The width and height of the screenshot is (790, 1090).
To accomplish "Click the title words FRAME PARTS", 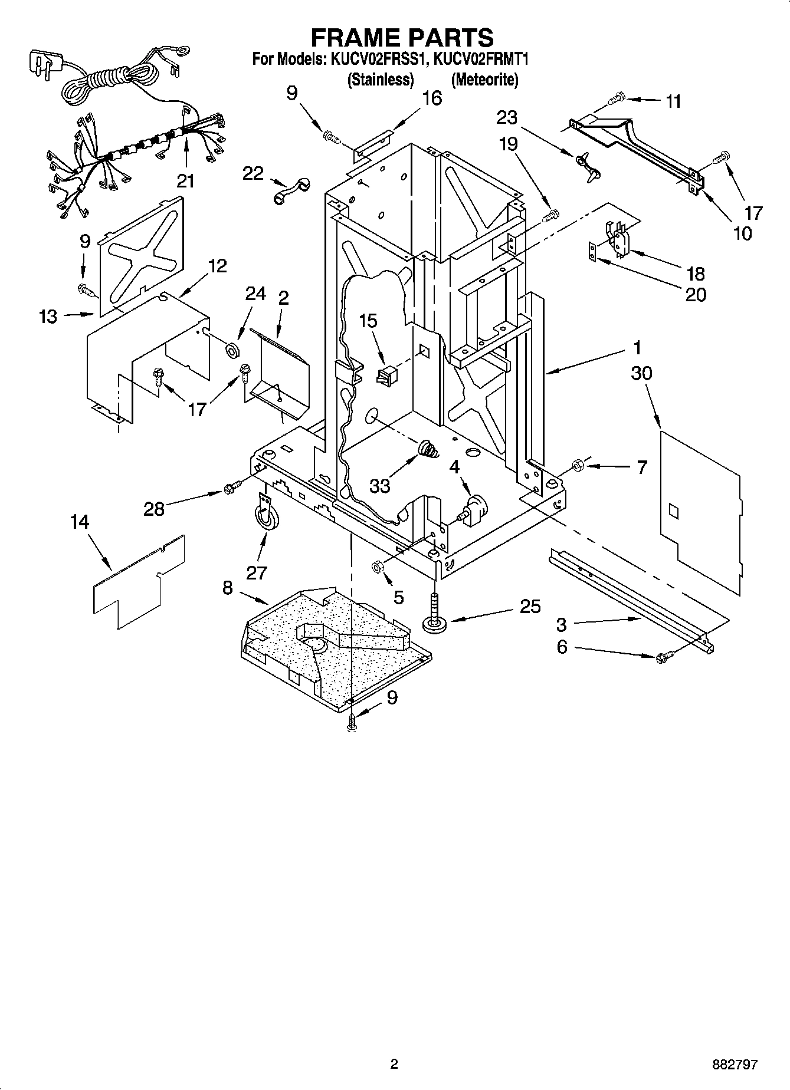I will click(x=402, y=37).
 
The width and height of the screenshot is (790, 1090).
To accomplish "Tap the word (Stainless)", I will click(x=380, y=80).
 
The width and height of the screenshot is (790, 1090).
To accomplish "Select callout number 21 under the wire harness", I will click(x=185, y=180).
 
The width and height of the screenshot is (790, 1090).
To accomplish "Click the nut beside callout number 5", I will click(x=378, y=567).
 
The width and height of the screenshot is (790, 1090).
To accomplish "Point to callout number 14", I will click(x=79, y=522).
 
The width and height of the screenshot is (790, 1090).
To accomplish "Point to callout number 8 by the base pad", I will click(x=228, y=588).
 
